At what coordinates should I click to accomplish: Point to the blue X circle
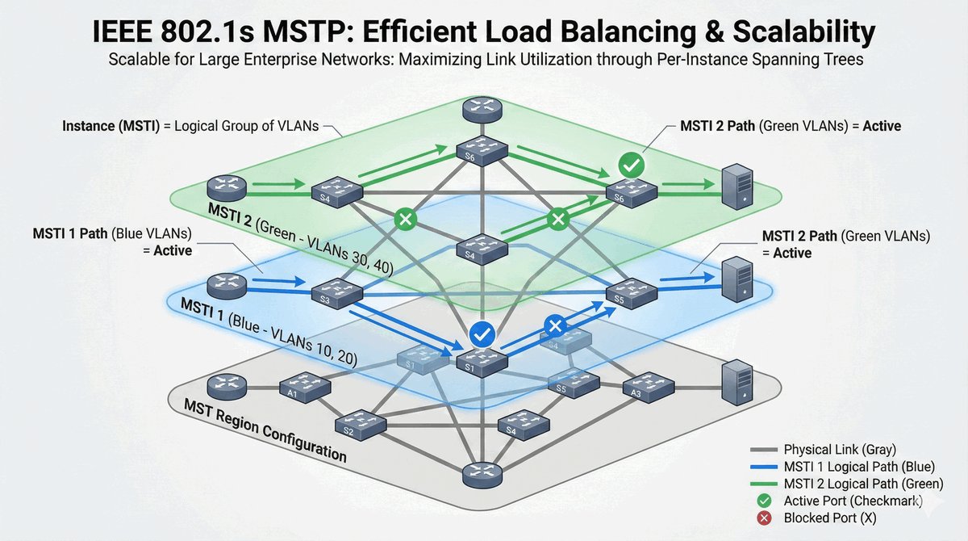click(554, 326)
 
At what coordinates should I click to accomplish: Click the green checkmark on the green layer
click(630, 166)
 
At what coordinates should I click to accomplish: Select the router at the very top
click(481, 110)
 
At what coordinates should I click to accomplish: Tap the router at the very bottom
click(482, 476)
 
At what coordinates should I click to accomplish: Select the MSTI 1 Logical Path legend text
click(859, 467)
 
